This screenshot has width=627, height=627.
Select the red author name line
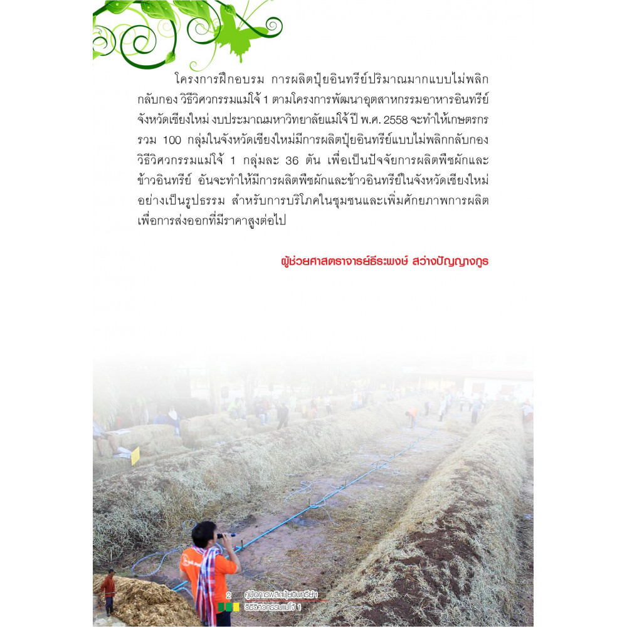tap(384, 261)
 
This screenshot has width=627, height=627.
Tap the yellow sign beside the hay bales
tap(135, 456)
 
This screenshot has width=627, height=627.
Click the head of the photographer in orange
tap(206, 535)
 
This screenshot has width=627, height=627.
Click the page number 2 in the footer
tap(228, 594)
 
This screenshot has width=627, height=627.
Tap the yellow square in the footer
tap(236, 607)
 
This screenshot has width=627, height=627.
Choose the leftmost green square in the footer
tap(221, 607)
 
